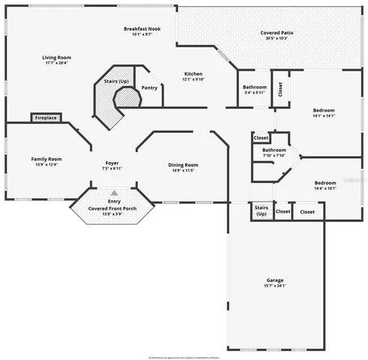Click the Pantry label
coord(149,87)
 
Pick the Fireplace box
coord(46,118)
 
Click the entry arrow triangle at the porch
coord(114,192)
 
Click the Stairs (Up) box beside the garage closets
coord(261,211)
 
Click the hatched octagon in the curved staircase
coord(127,97)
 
